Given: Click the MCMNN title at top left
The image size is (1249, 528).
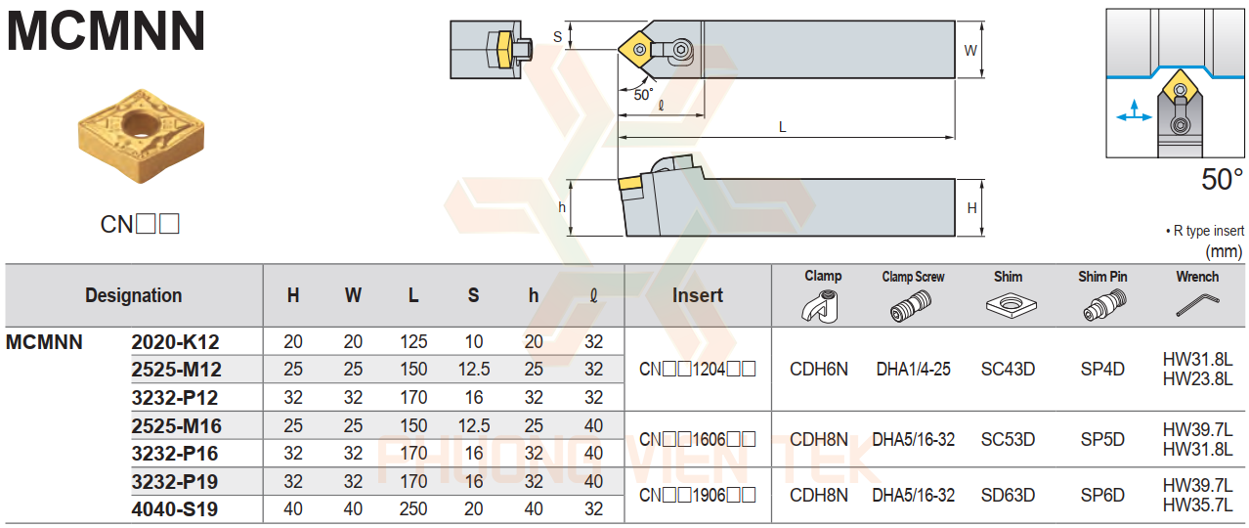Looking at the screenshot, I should pos(107,31).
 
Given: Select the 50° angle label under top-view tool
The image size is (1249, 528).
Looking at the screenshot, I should pos(642,95).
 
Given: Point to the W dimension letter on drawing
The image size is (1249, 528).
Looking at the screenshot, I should pos(970,49).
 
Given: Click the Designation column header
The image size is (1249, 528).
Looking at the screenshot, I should pos(133,295).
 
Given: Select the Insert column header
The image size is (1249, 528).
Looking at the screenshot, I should pos(698,295).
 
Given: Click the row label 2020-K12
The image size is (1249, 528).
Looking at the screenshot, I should pos(176,342).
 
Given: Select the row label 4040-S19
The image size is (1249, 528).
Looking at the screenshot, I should pos(176,509).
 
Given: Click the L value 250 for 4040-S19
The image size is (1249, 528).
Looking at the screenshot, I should pos(413,509).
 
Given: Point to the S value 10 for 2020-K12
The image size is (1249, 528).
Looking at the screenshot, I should pos(473,342).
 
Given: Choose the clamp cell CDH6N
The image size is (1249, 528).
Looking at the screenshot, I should pos(819,370).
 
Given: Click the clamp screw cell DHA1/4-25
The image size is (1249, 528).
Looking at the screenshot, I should pos(913,370).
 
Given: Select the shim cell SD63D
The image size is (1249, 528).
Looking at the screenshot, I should pos(1008,496).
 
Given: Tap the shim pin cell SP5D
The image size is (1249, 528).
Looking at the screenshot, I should pos(1102,440).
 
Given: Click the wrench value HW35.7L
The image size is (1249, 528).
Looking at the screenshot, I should pos(1197,505).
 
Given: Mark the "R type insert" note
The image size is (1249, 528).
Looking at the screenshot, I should pos(1205,231).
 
